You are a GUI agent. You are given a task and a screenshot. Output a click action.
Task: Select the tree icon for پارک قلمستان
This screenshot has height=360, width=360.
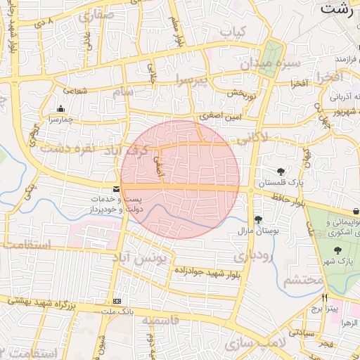coord(281,172)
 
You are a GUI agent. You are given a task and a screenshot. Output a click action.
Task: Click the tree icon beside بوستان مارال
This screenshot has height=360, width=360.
coord(258,219)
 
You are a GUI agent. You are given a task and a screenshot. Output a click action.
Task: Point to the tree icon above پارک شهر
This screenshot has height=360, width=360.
coord(337,250)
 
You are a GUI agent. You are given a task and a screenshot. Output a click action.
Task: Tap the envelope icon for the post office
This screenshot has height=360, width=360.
coord(116,190)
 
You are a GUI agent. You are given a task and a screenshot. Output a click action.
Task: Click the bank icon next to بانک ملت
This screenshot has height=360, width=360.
coord(117,301)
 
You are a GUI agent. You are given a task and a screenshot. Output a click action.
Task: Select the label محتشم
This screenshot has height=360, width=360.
coord(304,280)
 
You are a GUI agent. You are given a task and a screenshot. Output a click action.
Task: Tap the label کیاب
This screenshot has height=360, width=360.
coord(232,32)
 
